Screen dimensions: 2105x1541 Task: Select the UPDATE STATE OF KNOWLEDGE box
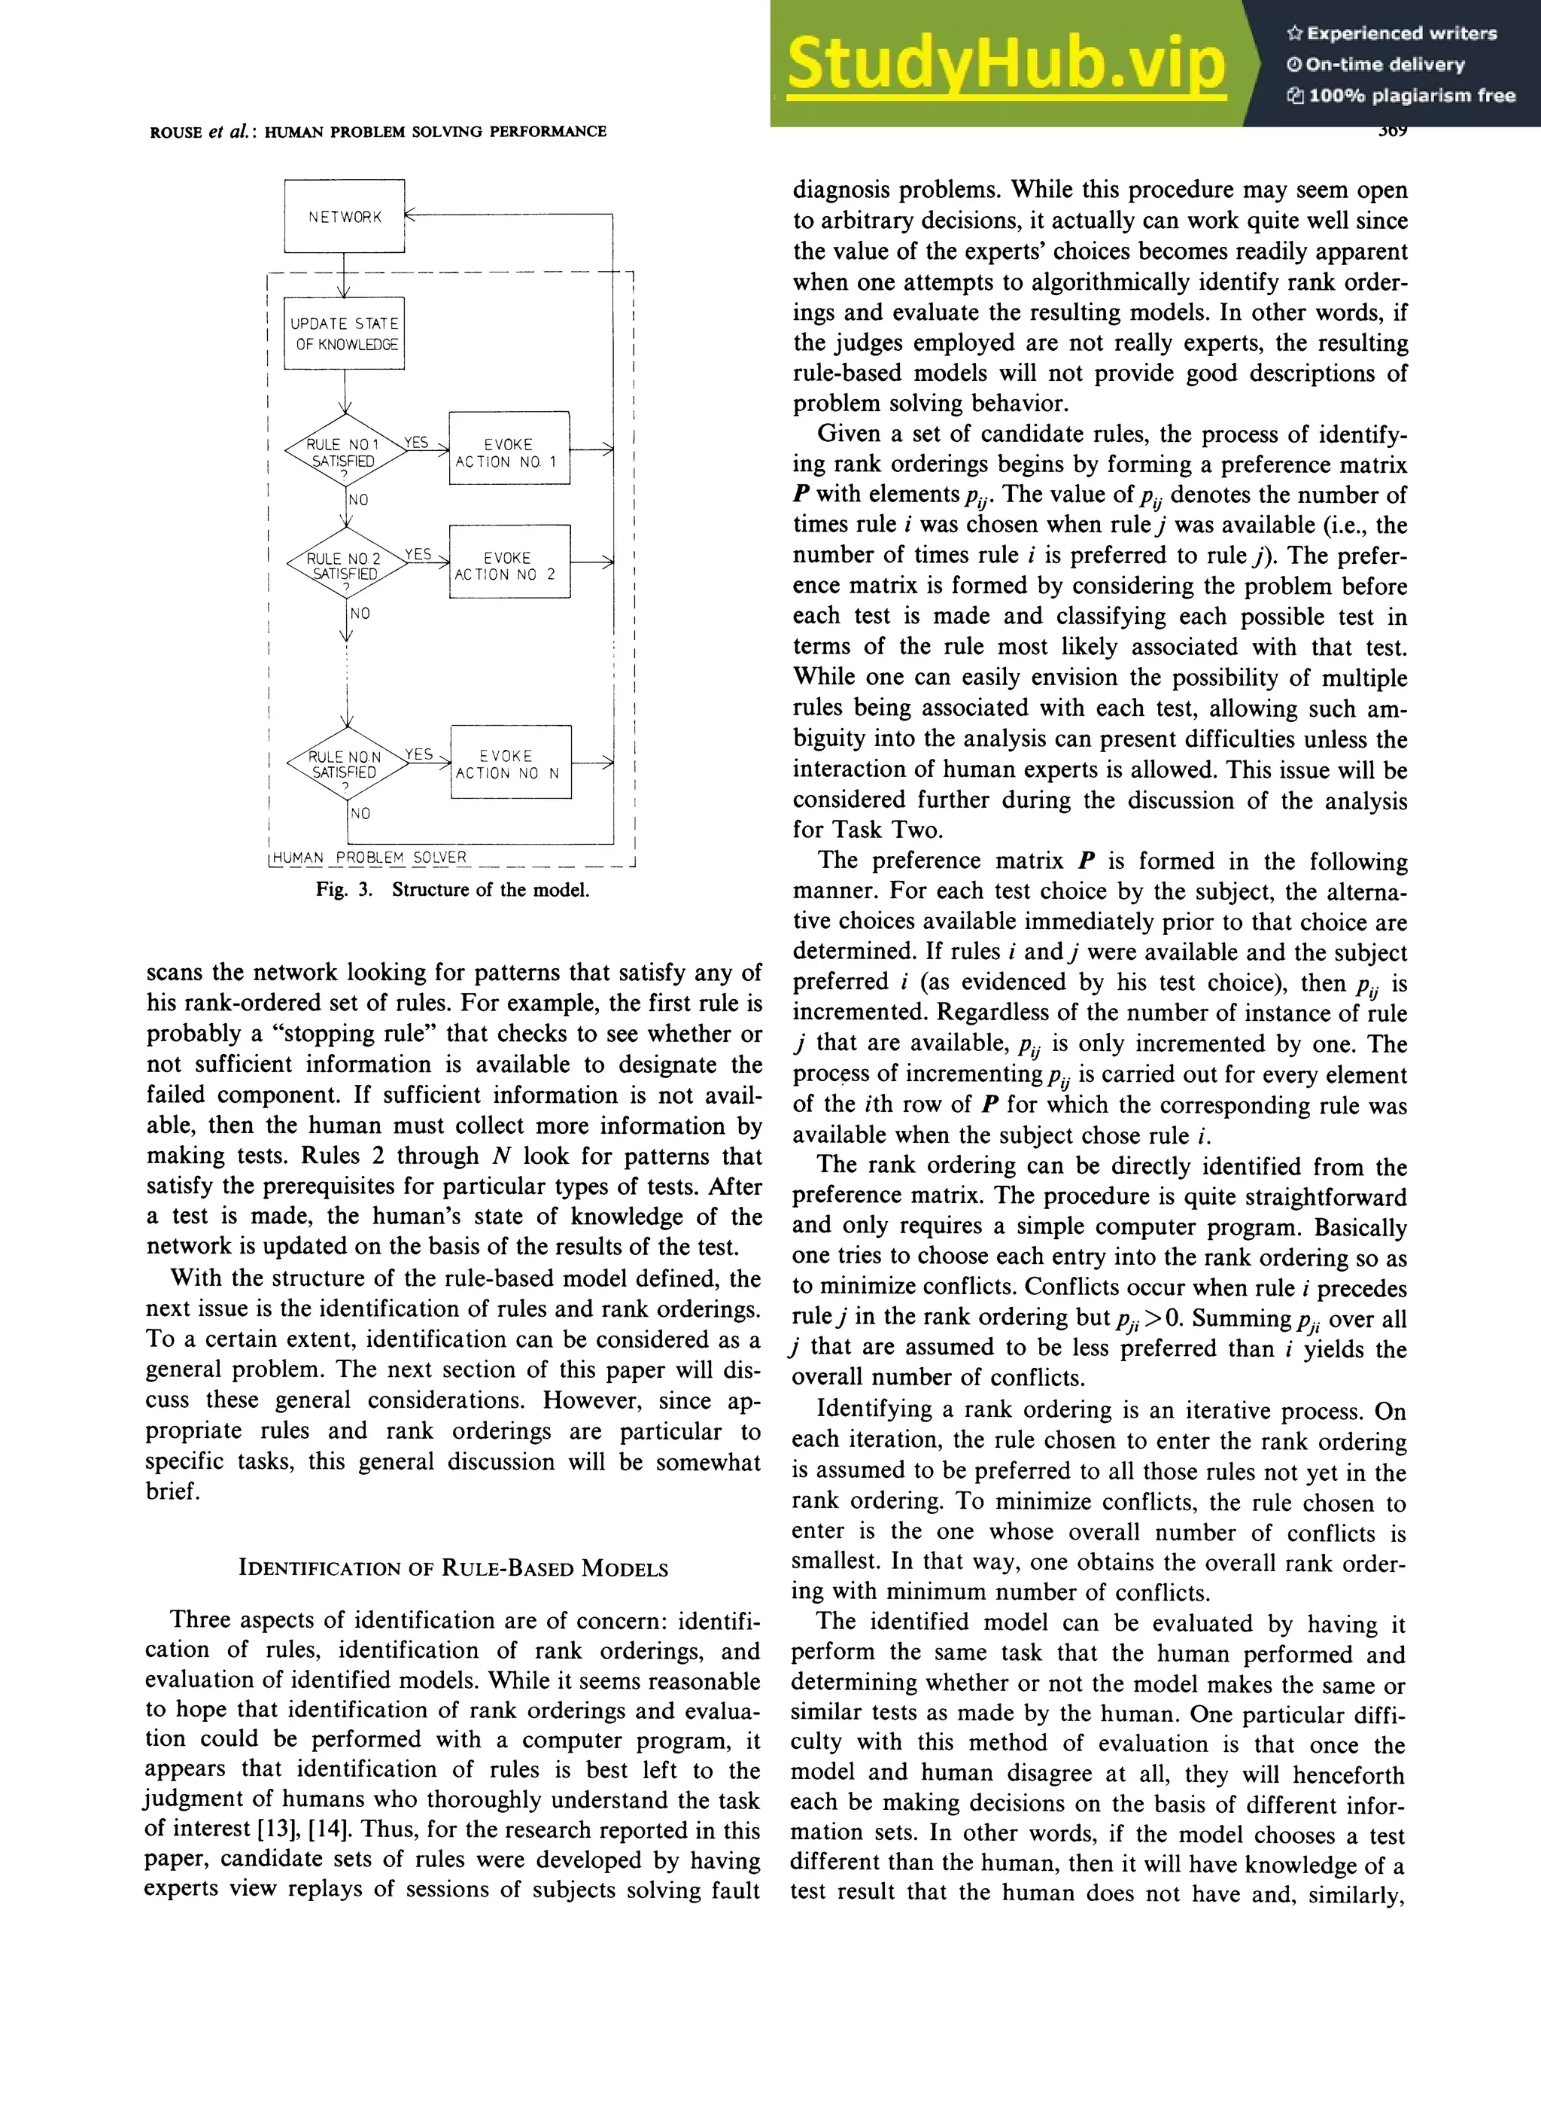(x=344, y=333)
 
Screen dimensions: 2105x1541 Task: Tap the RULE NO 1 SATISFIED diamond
(x=344, y=452)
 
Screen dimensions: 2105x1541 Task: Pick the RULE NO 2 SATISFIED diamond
(x=344, y=566)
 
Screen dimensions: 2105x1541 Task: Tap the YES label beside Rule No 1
(x=416, y=442)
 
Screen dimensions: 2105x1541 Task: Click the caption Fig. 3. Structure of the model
(x=452, y=889)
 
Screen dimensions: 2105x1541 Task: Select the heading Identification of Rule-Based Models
(x=453, y=1568)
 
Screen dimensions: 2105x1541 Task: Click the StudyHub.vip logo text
(x=1005, y=63)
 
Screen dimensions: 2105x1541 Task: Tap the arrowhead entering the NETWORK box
(x=412, y=215)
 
